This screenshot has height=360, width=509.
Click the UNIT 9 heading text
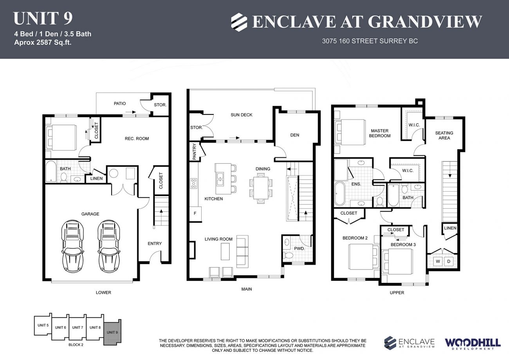[43, 18]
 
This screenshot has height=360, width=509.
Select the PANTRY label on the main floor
[195, 152]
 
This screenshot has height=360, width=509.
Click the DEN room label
[295, 135]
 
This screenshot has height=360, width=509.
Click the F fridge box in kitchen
[195, 213]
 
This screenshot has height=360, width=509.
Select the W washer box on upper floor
[438, 261]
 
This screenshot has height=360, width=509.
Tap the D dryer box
[449, 261]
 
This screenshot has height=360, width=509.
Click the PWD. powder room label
[300, 248]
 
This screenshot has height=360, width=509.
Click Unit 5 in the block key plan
[43, 326]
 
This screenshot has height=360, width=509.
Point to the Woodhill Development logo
[472, 343]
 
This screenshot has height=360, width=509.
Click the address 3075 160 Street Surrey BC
[370, 41]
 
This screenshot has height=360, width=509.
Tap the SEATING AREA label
[444, 136]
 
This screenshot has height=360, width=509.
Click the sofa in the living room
[242, 251]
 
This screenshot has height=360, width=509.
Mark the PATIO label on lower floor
[120, 104]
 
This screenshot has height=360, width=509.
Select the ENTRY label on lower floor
[155, 244]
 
